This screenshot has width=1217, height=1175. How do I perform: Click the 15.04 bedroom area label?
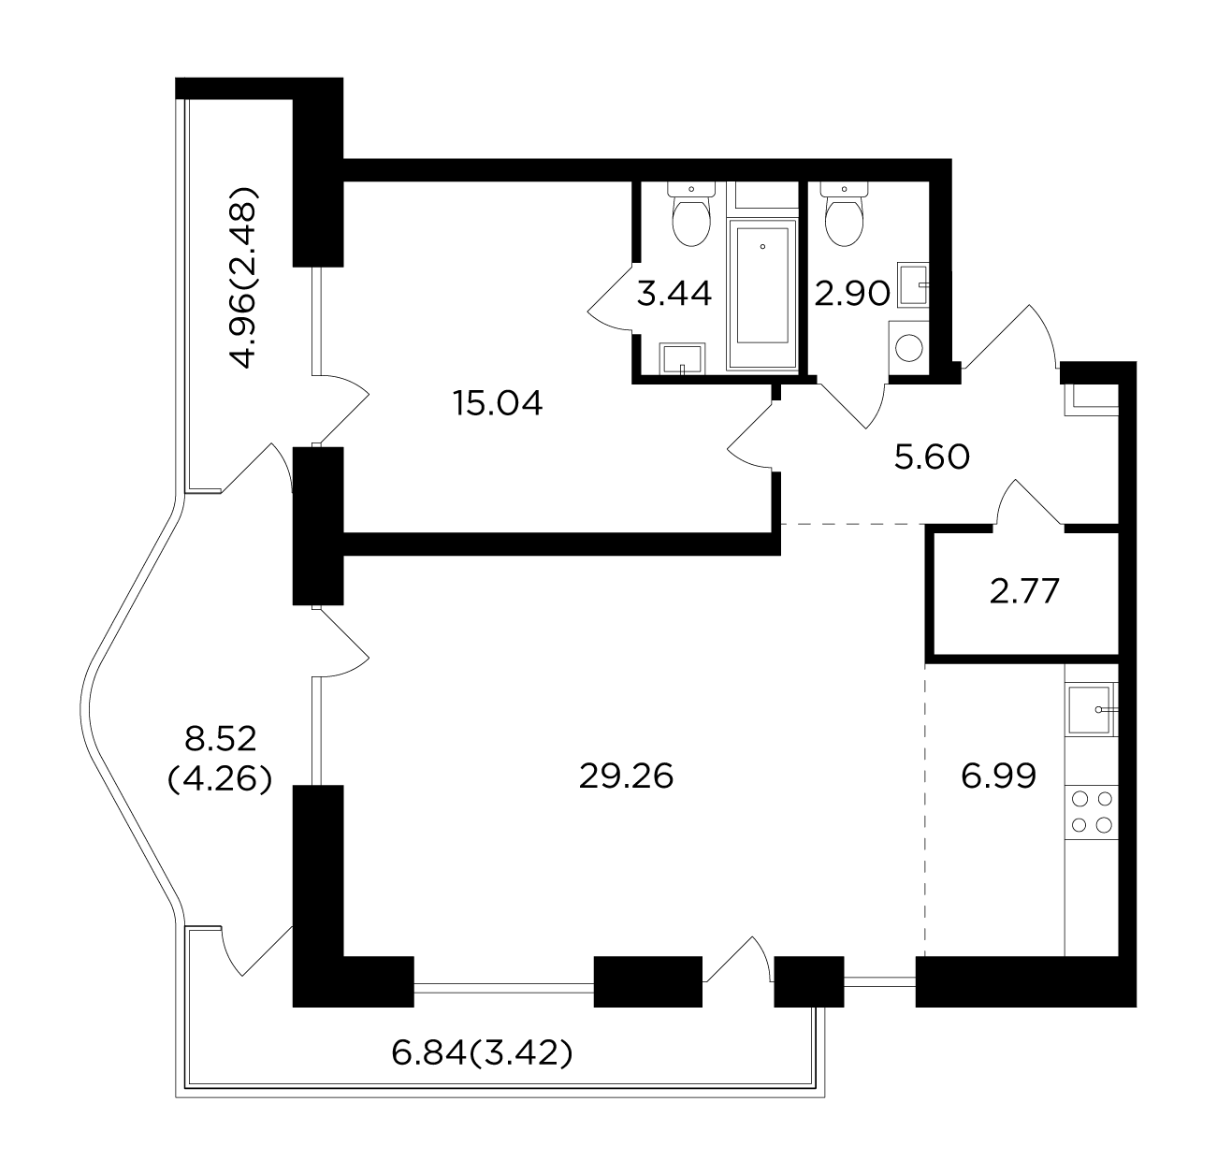498,403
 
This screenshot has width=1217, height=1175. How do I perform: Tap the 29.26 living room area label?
626,777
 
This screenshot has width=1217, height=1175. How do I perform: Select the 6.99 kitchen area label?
999,776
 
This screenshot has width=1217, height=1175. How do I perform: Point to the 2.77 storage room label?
1024,591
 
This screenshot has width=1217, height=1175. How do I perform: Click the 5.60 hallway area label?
932,457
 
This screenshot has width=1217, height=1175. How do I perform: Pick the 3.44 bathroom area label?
674,294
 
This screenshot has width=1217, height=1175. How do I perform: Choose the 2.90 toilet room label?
852,294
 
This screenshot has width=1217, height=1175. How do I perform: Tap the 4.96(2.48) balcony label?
243,277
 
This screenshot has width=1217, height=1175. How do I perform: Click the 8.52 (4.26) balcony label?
220,759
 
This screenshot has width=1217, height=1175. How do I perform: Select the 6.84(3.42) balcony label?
482,1053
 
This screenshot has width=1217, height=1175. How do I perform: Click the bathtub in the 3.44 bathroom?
762,294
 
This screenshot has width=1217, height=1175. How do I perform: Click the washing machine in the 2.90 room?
908,348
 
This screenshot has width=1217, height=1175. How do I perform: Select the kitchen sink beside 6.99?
1092,709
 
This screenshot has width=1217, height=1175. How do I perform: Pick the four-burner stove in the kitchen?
1092,812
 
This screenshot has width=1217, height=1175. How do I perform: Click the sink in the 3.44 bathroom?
682,358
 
